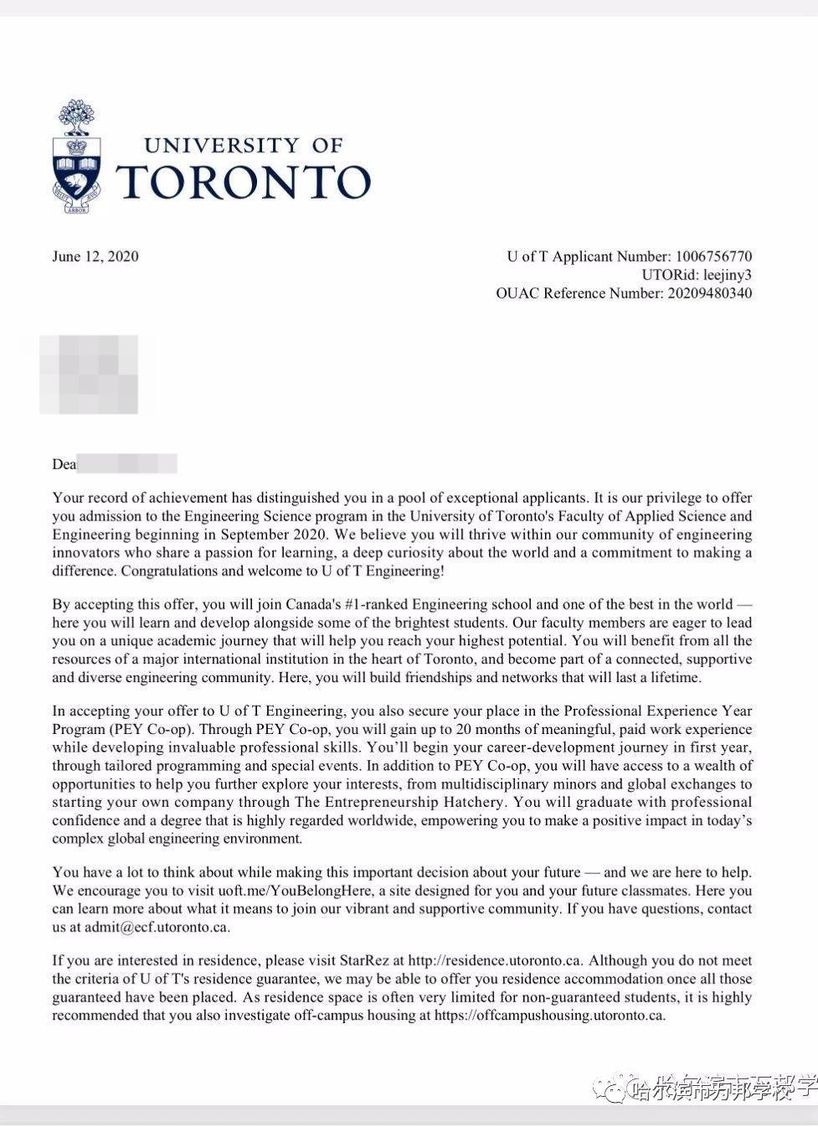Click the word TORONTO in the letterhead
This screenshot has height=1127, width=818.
point(243,181)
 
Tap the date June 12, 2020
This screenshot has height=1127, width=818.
point(95,256)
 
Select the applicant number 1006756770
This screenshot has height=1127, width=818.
point(713,256)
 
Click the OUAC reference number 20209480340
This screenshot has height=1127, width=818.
point(708,293)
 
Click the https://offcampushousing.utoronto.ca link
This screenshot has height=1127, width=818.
point(549,1016)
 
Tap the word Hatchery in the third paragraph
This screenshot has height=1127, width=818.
point(471,802)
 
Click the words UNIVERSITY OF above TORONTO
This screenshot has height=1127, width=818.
point(244,145)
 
